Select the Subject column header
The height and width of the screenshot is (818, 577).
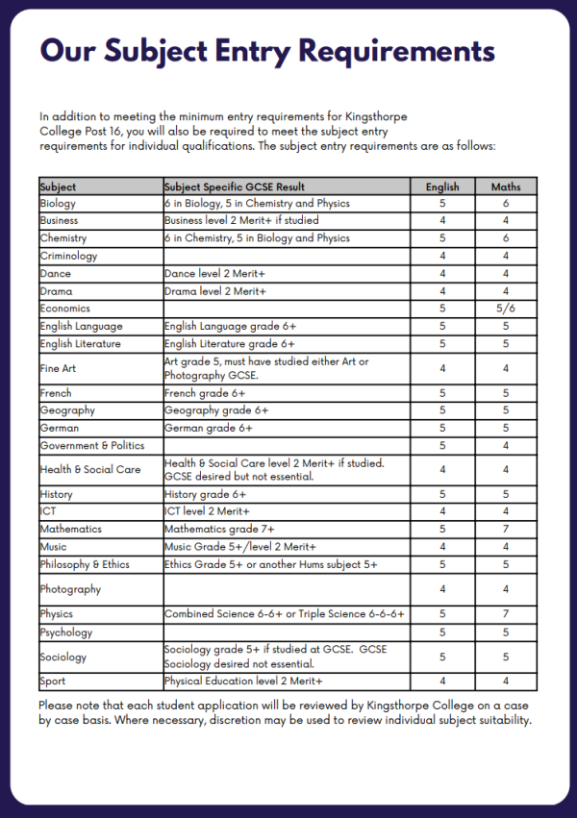(x=59, y=186)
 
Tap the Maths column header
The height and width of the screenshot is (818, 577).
(x=506, y=186)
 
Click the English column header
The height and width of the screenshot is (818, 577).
(x=442, y=186)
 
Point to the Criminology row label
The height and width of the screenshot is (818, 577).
(x=68, y=256)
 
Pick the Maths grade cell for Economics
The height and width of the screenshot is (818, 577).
(x=506, y=309)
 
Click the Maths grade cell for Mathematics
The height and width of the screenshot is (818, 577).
(x=506, y=529)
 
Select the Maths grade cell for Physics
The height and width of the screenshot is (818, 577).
(x=506, y=613)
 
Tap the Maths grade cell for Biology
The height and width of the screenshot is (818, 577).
(x=506, y=204)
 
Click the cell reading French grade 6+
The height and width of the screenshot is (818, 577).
(x=205, y=393)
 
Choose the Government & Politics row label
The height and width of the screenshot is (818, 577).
(x=92, y=446)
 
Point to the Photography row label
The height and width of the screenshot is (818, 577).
(x=70, y=589)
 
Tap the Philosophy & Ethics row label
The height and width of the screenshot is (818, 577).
(x=85, y=564)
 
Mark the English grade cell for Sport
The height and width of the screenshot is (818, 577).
(x=442, y=682)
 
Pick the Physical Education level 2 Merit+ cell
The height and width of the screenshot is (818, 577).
(x=243, y=682)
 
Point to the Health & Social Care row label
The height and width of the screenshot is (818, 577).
(x=90, y=469)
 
